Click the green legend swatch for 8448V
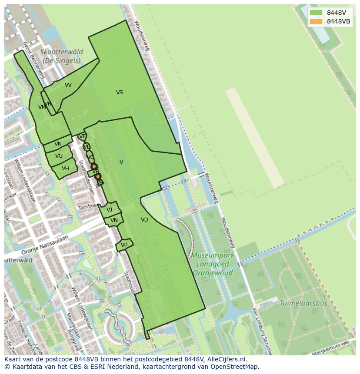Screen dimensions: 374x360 (316, 13)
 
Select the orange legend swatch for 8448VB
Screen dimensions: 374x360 (316, 21)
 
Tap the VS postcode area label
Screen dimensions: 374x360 (120, 92)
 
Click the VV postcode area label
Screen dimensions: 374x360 (68, 85)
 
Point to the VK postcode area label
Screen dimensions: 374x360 (58, 144)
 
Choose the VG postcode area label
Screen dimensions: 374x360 (59, 156)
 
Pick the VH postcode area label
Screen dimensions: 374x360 (65, 169)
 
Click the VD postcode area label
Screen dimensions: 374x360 (144, 220)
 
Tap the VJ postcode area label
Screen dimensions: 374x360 (109, 210)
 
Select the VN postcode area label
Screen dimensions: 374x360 (114, 220)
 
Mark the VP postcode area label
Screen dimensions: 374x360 (124, 245)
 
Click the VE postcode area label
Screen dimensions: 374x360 (82, 136)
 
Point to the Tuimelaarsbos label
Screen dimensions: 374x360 (303, 303)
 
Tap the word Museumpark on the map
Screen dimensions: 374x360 (213, 255)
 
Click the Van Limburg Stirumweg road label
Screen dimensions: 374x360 (261, 330)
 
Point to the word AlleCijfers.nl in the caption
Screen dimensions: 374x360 (226, 359)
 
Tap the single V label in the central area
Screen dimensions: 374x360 (121, 162)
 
